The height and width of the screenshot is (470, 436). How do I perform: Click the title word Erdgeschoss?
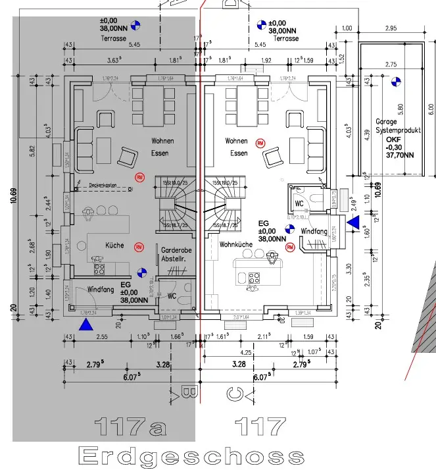tap(191, 456)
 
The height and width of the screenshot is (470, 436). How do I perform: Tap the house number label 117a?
tap(130, 427)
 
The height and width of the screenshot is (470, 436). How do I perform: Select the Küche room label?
tap(114, 246)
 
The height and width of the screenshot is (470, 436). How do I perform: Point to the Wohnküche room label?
tap(237, 244)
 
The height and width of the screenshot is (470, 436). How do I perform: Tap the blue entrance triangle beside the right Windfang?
tap(353, 223)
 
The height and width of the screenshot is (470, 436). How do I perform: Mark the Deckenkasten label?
tap(103, 186)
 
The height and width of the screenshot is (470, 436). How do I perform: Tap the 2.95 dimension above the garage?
tap(391, 28)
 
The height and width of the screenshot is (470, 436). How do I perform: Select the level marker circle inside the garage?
tap(395, 82)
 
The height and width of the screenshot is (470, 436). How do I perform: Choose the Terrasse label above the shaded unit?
tap(113, 39)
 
